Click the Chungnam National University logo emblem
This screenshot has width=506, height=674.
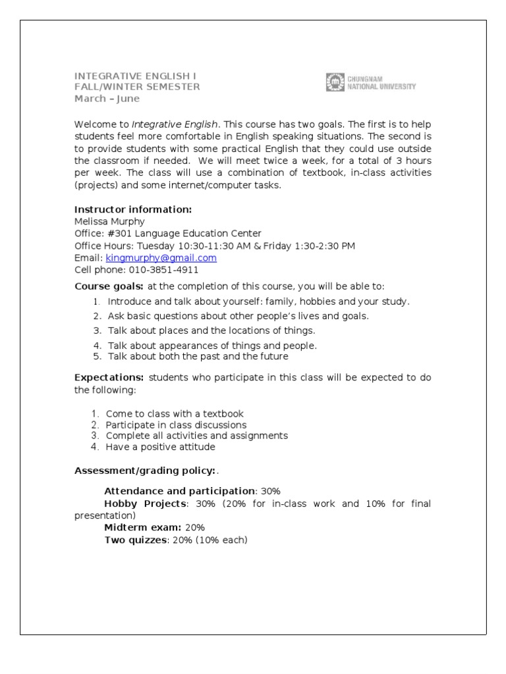pyautogui.click(x=335, y=82)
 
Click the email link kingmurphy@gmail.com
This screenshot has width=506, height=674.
pyautogui.click(x=161, y=258)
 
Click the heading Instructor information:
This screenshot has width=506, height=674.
pyautogui.click(x=133, y=209)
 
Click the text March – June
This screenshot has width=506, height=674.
pyautogui.click(x=107, y=99)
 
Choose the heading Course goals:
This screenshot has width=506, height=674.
pyautogui.click(x=109, y=286)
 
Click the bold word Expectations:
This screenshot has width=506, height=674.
pyautogui.click(x=109, y=377)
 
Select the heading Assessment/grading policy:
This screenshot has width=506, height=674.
pyautogui.click(x=144, y=471)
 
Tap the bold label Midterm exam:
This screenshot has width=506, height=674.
pyautogui.click(x=142, y=528)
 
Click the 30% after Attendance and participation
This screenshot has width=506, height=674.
pyautogui.click(x=270, y=491)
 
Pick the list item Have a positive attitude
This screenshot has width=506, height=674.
pyautogui.click(x=160, y=447)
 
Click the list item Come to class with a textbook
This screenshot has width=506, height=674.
pyautogui.click(x=175, y=414)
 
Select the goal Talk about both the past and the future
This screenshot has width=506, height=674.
pyautogui.click(x=198, y=357)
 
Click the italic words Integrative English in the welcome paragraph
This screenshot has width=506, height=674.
pyautogui.click(x=175, y=124)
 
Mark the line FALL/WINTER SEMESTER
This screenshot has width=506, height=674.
pyautogui.click(x=137, y=87)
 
